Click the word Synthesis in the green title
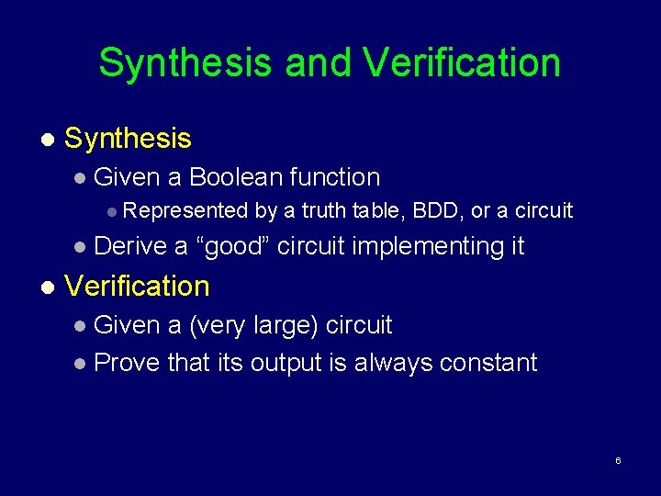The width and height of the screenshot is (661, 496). click(x=185, y=62)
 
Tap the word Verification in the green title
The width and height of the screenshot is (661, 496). click(x=462, y=62)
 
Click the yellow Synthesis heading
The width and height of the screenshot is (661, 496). click(x=128, y=139)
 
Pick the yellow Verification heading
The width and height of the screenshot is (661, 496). click(x=137, y=286)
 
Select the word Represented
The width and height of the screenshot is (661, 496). click(x=185, y=211)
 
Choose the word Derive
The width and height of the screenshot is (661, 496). click(x=130, y=246)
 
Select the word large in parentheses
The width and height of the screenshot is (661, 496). click(x=281, y=325)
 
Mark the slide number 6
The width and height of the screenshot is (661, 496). click(x=618, y=460)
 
